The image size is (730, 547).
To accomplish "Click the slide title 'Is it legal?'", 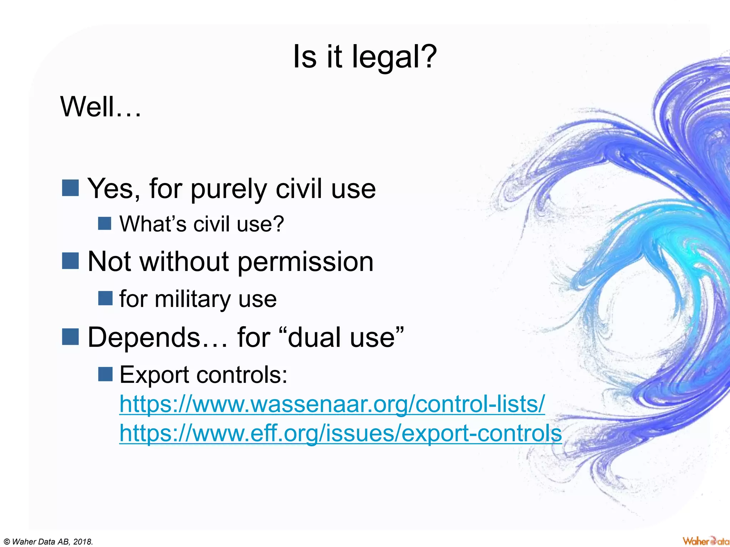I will (365, 57).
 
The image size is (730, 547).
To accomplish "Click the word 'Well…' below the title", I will (101, 107).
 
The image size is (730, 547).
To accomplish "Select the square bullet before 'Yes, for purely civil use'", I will (70, 188).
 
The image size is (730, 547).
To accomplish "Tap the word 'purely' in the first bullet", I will (228, 189).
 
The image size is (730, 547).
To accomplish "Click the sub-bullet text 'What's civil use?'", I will (201, 224).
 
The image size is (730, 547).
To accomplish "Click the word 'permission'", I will (305, 262).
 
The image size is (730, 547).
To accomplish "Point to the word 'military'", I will (192, 299).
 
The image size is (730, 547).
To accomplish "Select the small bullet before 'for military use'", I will (105, 298).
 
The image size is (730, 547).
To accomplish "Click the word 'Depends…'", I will (157, 337).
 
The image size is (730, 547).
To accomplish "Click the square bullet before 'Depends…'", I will (70, 337).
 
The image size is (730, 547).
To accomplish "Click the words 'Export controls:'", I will (203, 375).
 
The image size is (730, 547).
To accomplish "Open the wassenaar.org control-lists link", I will (332, 404).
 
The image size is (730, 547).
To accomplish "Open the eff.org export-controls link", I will (340, 433).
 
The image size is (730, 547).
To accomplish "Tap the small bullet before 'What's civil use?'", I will (105, 224).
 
